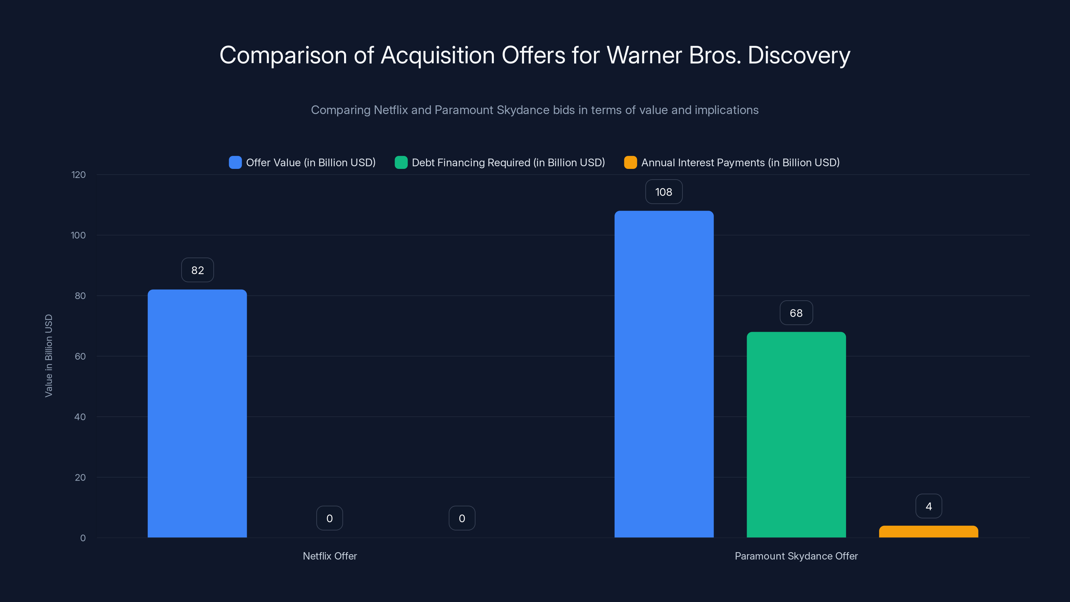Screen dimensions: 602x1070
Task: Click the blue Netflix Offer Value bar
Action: tap(197, 413)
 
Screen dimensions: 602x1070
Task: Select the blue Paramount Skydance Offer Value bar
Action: tap(664, 374)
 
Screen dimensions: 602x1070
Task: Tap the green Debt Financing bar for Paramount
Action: tap(796, 434)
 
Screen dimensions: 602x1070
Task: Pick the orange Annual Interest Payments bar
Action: tap(928, 532)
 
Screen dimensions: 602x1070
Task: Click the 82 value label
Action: tap(198, 270)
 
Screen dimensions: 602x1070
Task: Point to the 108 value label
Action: tap(664, 192)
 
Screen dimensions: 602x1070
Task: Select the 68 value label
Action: tap(796, 313)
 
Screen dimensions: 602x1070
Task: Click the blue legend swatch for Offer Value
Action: tap(235, 163)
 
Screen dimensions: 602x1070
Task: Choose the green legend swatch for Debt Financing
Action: tap(401, 163)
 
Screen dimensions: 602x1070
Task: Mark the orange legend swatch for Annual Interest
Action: tap(630, 163)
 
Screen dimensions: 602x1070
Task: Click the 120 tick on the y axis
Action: tap(79, 175)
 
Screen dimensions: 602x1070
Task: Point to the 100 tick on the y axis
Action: tap(79, 235)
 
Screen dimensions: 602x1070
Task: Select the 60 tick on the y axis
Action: tap(80, 357)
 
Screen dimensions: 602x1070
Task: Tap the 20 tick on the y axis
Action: tap(80, 477)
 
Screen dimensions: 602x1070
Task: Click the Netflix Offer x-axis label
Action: tap(330, 556)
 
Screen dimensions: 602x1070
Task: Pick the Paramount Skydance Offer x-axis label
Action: tap(796, 556)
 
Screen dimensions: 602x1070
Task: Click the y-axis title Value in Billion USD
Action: tap(48, 356)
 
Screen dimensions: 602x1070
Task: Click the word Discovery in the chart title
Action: tap(799, 55)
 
